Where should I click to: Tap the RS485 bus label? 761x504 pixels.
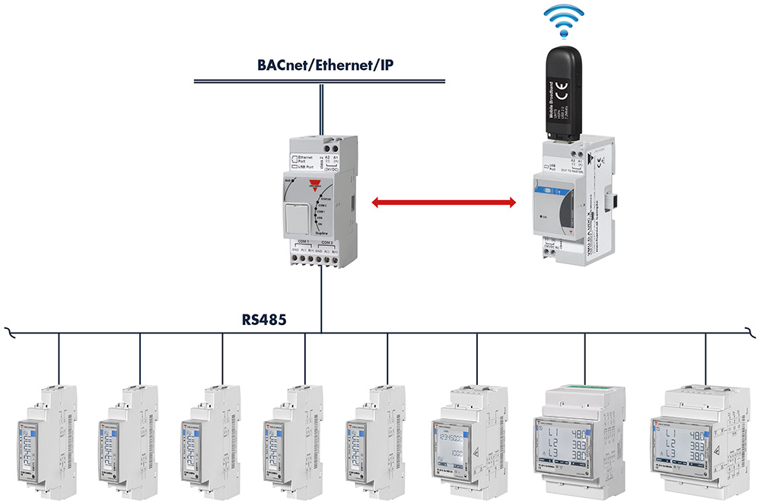(264, 321)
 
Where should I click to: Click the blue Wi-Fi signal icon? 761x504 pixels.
(564, 24)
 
